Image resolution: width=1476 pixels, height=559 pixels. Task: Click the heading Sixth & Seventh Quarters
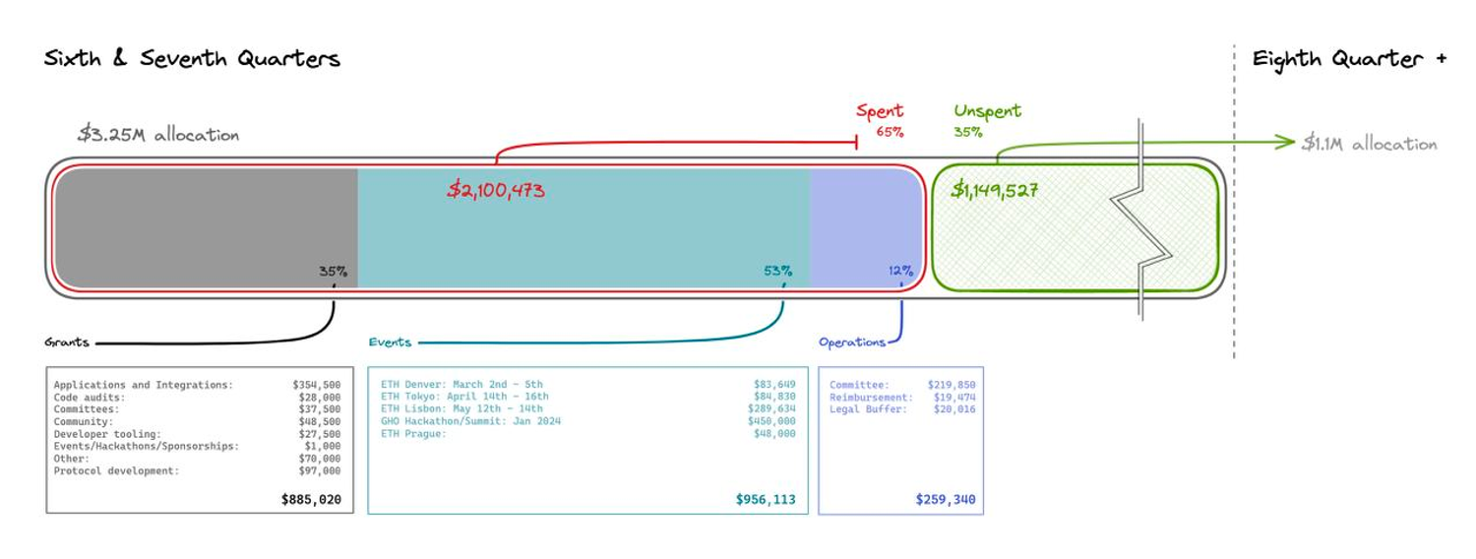[192, 59]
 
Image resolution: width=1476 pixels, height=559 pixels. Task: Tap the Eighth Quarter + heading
[1349, 59]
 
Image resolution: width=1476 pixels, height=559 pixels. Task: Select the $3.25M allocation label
[158, 135]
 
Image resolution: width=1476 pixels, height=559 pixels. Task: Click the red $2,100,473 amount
[496, 190]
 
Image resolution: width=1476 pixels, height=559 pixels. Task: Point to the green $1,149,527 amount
[996, 190]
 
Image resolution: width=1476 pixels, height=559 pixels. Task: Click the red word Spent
[880, 111]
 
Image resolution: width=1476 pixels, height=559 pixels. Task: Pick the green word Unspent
[987, 111]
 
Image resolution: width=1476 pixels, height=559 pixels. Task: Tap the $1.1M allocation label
[1369, 144]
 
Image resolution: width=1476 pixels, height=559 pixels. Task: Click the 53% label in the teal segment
[777, 272]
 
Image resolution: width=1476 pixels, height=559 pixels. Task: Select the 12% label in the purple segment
[899, 272]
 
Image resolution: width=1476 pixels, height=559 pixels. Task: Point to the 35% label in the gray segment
[333, 272]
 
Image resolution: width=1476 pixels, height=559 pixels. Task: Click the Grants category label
[67, 342]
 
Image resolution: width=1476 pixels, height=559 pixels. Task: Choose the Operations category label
[852, 342]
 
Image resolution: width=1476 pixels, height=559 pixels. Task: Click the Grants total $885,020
[311, 500]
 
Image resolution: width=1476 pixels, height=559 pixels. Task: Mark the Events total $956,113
[766, 500]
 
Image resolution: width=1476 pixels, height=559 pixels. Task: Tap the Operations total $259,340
[946, 500]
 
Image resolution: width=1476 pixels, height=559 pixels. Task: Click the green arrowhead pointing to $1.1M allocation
[1285, 143]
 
